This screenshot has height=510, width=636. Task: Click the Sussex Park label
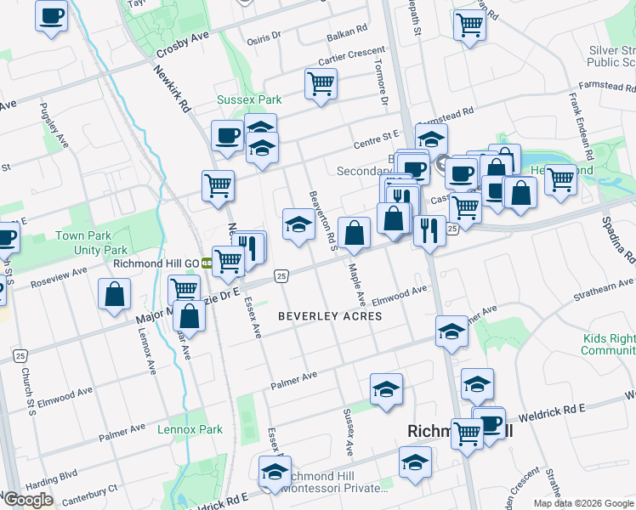[248, 99]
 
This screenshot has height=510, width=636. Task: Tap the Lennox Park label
[190, 429]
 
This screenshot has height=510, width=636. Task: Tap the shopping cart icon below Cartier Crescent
[321, 83]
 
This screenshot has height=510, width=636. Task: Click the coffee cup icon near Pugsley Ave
[51, 15]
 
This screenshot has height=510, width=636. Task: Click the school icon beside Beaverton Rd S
[298, 224]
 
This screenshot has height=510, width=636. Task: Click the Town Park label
[82, 235]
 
